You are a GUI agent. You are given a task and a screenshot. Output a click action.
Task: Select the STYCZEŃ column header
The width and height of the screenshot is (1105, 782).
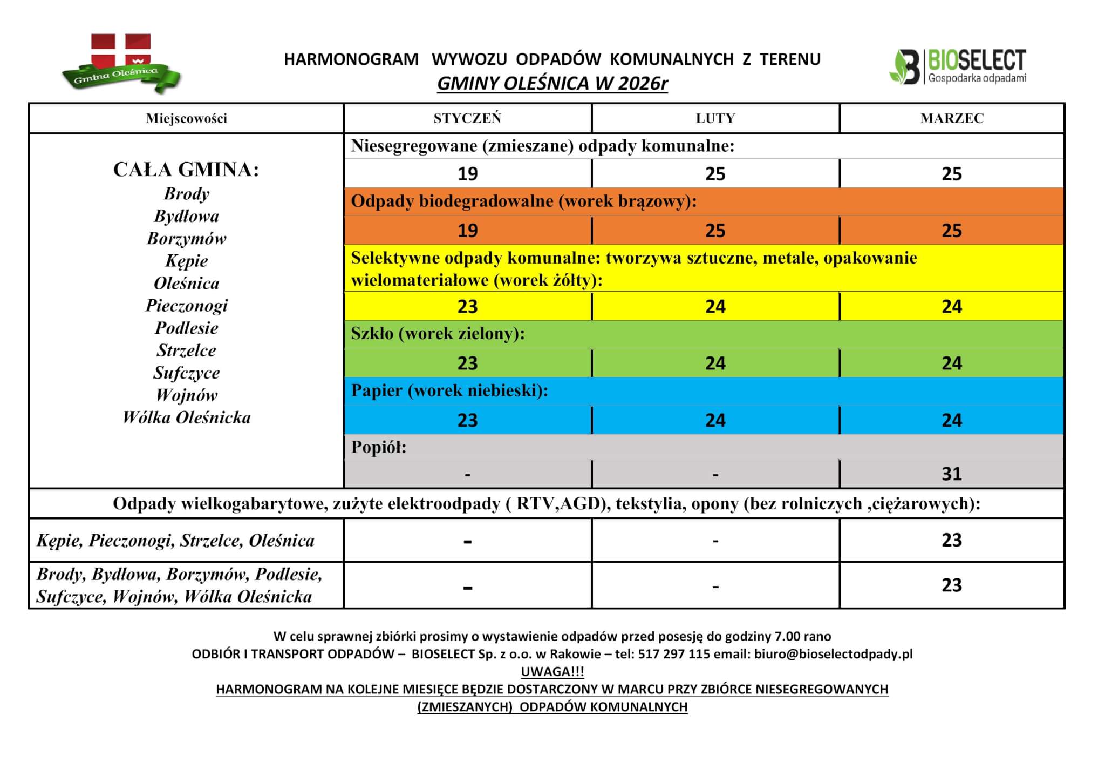click(x=467, y=118)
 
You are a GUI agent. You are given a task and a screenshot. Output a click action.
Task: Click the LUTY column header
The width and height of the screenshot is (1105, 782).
click(x=715, y=118)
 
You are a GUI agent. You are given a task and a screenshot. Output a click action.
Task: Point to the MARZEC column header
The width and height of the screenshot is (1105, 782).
click(x=952, y=118)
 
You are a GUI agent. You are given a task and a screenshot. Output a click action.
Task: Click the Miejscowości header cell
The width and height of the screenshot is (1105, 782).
click(x=186, y=118)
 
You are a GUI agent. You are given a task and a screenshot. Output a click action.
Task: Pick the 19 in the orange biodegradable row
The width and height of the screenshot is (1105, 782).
click(x=467, y=231)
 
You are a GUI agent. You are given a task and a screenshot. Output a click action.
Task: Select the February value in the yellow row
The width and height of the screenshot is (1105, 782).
click(x=715, y=307)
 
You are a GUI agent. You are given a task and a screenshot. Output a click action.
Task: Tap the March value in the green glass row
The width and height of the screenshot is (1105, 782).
click(x=952, y=363)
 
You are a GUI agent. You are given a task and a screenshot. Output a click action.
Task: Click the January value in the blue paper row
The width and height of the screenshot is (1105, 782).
click(x=467, y=420)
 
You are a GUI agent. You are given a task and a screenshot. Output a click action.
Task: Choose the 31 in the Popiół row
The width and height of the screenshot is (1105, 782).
click(x=952, y=474)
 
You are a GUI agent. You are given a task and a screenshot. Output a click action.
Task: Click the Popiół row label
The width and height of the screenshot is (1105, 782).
click(x=379, y=447)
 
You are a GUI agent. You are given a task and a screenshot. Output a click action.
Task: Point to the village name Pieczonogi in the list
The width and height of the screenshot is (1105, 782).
click(x=187, y=306)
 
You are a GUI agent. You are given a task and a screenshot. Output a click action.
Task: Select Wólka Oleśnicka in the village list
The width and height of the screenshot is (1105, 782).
click(x=187, y=417)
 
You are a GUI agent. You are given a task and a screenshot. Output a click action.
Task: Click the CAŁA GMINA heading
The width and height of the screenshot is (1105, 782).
click(x=186, y=170)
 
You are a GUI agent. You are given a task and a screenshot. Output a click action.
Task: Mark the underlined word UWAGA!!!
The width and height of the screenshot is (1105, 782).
click(x=552, y=672)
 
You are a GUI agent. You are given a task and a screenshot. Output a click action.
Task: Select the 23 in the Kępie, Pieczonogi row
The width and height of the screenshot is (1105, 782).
click(x=952, y=540)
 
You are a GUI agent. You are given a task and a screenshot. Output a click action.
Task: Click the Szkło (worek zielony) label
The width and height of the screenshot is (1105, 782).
click(x=438, y=334)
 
